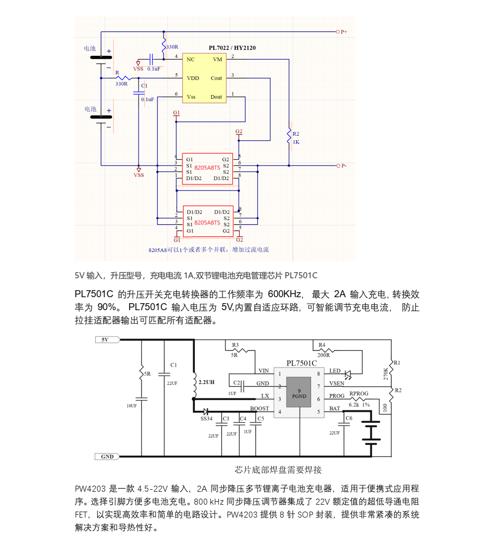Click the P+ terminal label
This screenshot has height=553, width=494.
tap(344, 32)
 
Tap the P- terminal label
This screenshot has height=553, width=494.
tap(344, 165)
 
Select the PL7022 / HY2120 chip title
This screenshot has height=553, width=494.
tap(232, 48)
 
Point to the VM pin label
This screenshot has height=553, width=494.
tap(217, 59)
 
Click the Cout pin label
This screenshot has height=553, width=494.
tap(216, 78)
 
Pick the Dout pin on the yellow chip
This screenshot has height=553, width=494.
tap(216, 97)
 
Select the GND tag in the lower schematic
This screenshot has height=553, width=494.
tap(107, 456)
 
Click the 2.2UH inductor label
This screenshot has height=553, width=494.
tap(206, 382)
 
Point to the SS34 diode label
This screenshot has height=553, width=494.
tap(206, 418)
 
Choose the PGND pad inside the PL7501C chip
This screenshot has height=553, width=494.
tap(299, 393)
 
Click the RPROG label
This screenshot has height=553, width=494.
tap(359, 393)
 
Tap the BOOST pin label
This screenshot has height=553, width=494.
tap(259, 408)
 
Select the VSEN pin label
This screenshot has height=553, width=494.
tap(337, 383)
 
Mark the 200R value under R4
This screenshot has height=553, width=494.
tap(324, 355)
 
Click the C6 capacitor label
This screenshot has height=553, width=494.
tap(349, 418)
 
